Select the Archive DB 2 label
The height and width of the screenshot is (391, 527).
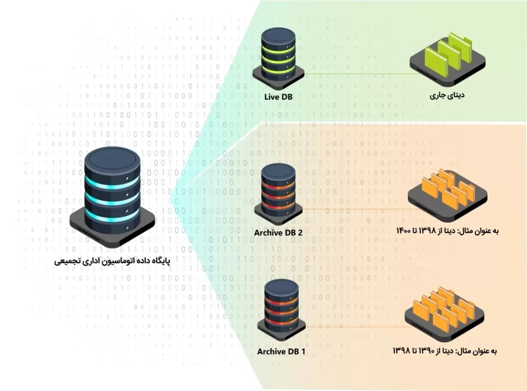(x=278, y=233)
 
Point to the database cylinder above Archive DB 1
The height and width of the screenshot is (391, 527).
(x=281, y=307)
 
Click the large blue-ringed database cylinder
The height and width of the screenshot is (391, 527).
(x=112, y=192)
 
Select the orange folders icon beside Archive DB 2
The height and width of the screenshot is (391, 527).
(x=447, y=192)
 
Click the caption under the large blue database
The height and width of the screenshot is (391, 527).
(x=112, y=261)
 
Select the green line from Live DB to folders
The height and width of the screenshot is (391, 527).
(x=358, y=74)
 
